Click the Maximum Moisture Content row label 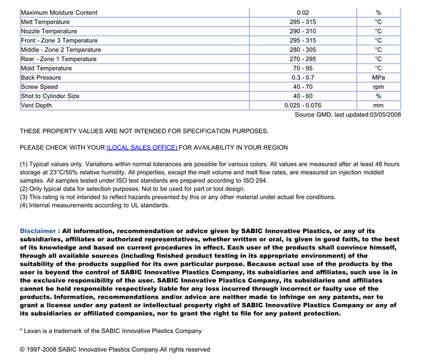(59, 13)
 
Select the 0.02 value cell (303, 13)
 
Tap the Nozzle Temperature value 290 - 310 (303, 31)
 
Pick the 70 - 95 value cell (303, 69)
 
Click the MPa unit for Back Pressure (378, 78)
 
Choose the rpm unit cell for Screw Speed (378, 87)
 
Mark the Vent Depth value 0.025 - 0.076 (303, 106)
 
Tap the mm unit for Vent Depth (378, 106)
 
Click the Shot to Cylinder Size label (50, 96)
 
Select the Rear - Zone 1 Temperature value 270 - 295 (303, 59)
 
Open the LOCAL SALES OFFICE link (142, 148)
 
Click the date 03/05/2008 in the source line (386, 115)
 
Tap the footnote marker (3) (24, 197)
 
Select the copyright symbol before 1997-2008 (23, 350)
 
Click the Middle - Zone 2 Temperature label (61, 50)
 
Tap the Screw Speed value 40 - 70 (303, 87)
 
